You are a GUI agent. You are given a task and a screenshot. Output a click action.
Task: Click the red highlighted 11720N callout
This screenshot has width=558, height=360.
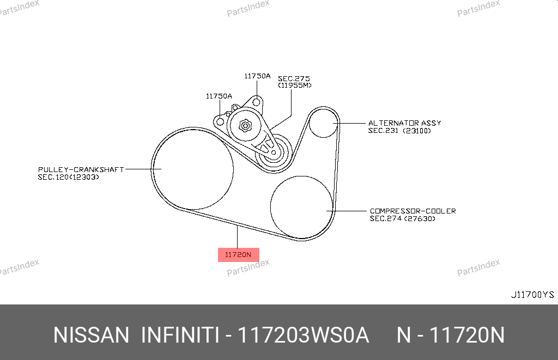(239, 255)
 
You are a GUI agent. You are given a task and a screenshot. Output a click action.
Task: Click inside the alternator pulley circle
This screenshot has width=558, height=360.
(323, 123)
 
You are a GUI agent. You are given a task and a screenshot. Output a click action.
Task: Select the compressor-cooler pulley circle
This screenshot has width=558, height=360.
(302, 207)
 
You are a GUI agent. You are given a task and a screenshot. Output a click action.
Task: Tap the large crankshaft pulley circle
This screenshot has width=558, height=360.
(193, 169)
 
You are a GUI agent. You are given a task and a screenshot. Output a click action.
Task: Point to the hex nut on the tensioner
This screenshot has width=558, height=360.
(245, 126)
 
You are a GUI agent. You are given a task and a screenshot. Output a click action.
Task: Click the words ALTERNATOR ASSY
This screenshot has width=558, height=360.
(405, 123)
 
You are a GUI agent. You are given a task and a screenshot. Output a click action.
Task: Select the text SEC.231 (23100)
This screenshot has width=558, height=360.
(399, 131)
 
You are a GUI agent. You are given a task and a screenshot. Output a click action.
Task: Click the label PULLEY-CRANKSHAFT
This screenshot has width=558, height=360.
(81, 170)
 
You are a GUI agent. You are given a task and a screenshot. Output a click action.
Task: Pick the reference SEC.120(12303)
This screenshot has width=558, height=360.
(68, 177)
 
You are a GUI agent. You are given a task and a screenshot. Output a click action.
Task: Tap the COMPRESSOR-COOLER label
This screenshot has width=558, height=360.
(413, 211)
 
